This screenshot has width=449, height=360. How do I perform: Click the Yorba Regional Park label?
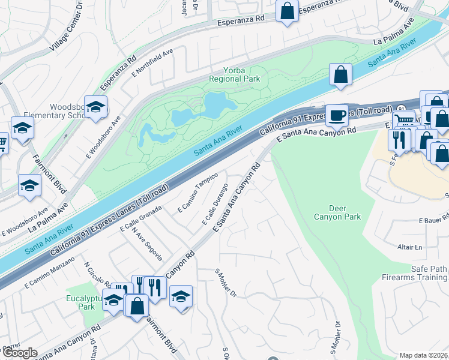(x=235, y=74)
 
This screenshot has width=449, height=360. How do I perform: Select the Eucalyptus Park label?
(x=79, y=302)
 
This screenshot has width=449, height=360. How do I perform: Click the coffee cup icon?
(x=337, y=115)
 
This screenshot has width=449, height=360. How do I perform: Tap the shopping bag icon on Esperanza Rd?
(x=288, y=10)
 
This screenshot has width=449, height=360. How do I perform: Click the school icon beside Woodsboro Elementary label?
(x=95, y=107)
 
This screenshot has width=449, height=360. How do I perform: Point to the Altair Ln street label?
(x=411, y=247)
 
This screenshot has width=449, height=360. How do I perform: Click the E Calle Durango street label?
(x=215, y=205)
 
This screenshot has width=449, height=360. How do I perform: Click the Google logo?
(x=20, y=353)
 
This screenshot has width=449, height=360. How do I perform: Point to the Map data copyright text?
(x=424, y=355)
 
